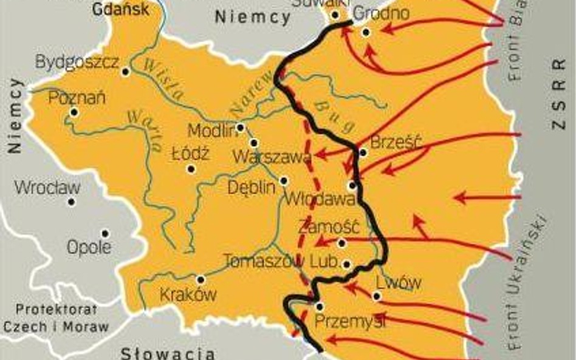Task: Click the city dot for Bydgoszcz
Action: pos(126,72)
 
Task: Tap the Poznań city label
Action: pos(77,98)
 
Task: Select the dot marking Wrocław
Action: pos(72,202)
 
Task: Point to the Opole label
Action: pos(89,247)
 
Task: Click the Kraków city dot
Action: pos(201,280)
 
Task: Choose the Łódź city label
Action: pos(190,154)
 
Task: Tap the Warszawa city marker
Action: pos(254,143)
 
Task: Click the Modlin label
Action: pos(211,131)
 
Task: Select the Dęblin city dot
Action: pos(284,181)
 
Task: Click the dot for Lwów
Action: pos(377,296)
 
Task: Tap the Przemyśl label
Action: pos(350,322)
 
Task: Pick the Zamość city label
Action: pos(329,228)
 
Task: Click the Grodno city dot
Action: pos(366,32)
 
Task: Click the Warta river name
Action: pos(145,131)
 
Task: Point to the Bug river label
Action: pos(334,116)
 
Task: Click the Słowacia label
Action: pos(168,353)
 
